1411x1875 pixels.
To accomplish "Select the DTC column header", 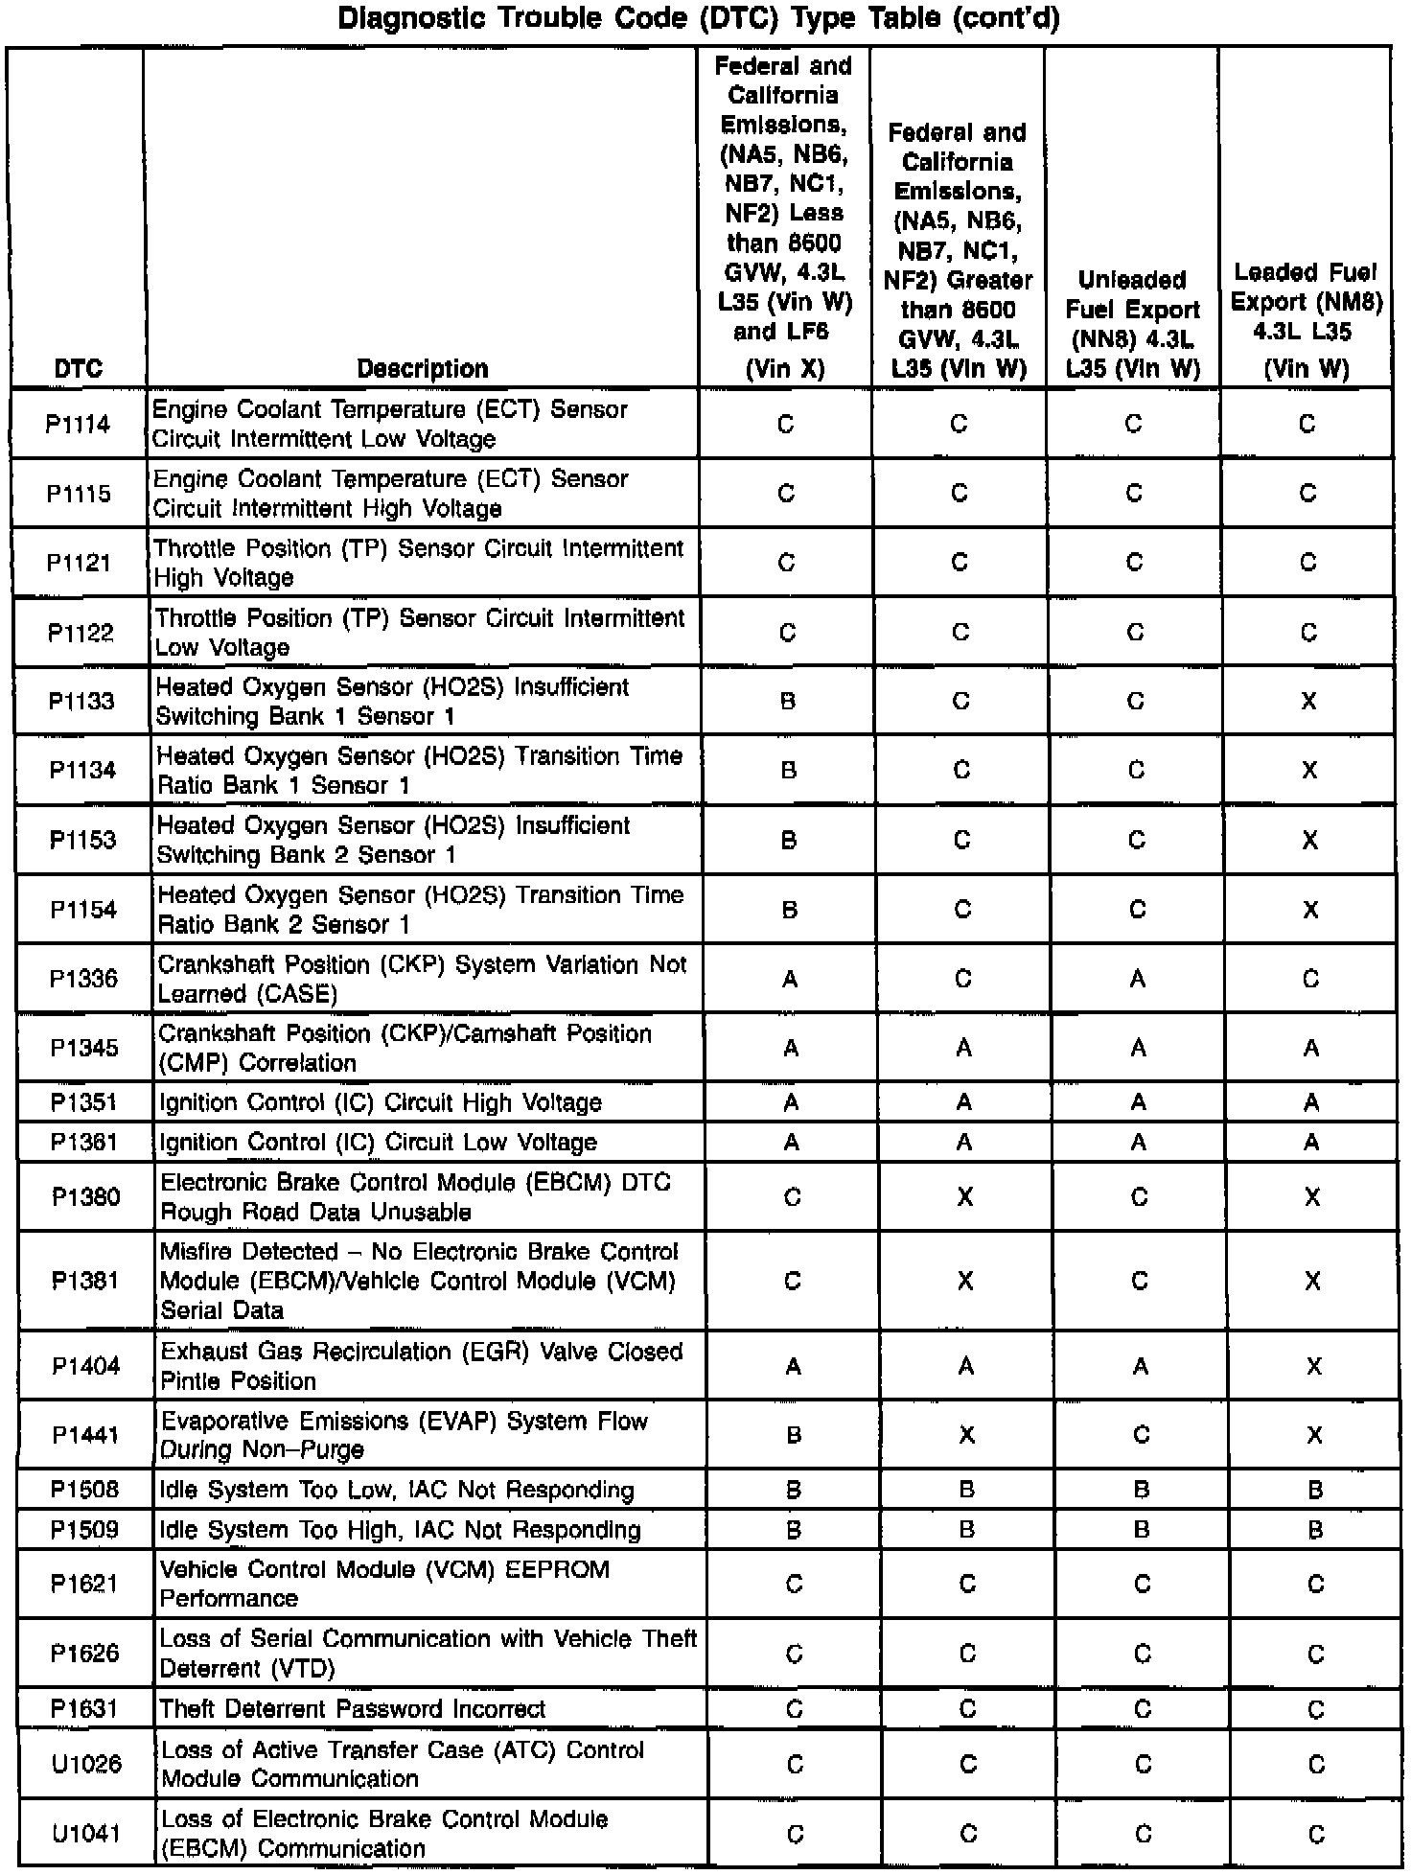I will [79, 368].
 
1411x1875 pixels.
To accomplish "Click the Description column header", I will [423, 368].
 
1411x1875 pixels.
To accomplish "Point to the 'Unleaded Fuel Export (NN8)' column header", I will [1132, 324].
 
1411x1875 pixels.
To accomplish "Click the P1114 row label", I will [79, 424].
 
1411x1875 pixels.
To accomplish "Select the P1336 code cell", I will [84, 979].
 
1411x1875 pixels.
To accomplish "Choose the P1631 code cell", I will [85, 1708].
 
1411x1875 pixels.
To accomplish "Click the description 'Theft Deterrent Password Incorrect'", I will [352, 1708].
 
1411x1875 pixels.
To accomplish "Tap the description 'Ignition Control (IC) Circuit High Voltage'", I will [381, 1102].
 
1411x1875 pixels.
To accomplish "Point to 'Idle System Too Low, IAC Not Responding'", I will [397, 1490].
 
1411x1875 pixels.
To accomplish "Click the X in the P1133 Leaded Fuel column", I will [1309, 702].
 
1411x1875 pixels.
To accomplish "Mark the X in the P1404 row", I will [1314, 1366].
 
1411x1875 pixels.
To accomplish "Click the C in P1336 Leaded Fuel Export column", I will [1311, 979].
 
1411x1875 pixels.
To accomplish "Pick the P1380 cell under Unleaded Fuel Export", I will [1139, 1197].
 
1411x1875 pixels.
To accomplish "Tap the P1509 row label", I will [85, 1529].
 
